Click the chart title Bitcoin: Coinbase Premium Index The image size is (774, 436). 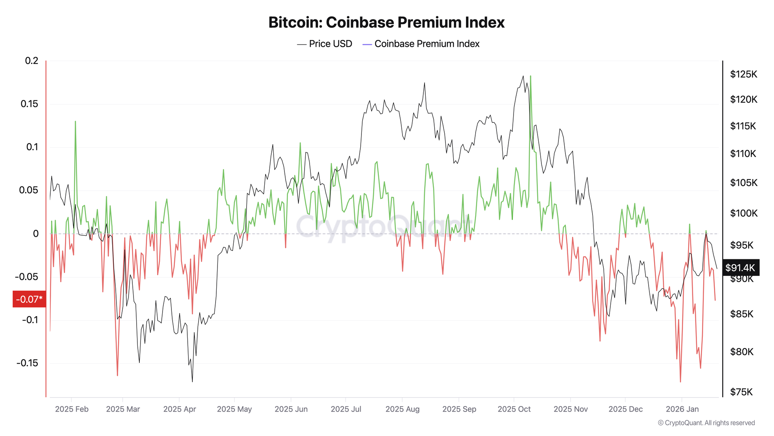(x=386, y=22)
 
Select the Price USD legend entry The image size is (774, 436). (x=325, y=44)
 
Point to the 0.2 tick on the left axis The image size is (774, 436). (x=32, y=61)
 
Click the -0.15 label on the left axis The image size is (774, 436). (x=27, y=363)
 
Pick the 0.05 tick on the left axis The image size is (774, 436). (x=29, y=190)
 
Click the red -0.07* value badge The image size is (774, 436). (x=29, y=299)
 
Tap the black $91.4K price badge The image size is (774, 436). (x=740, y=268)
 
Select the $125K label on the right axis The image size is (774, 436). (x=743, y=74)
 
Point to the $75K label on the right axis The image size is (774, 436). (x=741, y=392)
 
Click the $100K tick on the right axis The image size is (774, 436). (x=743, y=213)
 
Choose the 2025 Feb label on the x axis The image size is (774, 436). (x=72, y=409)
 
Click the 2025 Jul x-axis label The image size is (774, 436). (x=346, y=409)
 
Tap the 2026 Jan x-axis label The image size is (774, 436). (x=682, y=409)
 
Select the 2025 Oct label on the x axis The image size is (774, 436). (x=514, y=409)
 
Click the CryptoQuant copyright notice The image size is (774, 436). (x=706, y=423)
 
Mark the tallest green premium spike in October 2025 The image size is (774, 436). (x=530, y=76)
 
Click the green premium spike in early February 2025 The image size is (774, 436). (x=75, y=122)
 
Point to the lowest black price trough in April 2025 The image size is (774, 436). (x=192, y=381)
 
